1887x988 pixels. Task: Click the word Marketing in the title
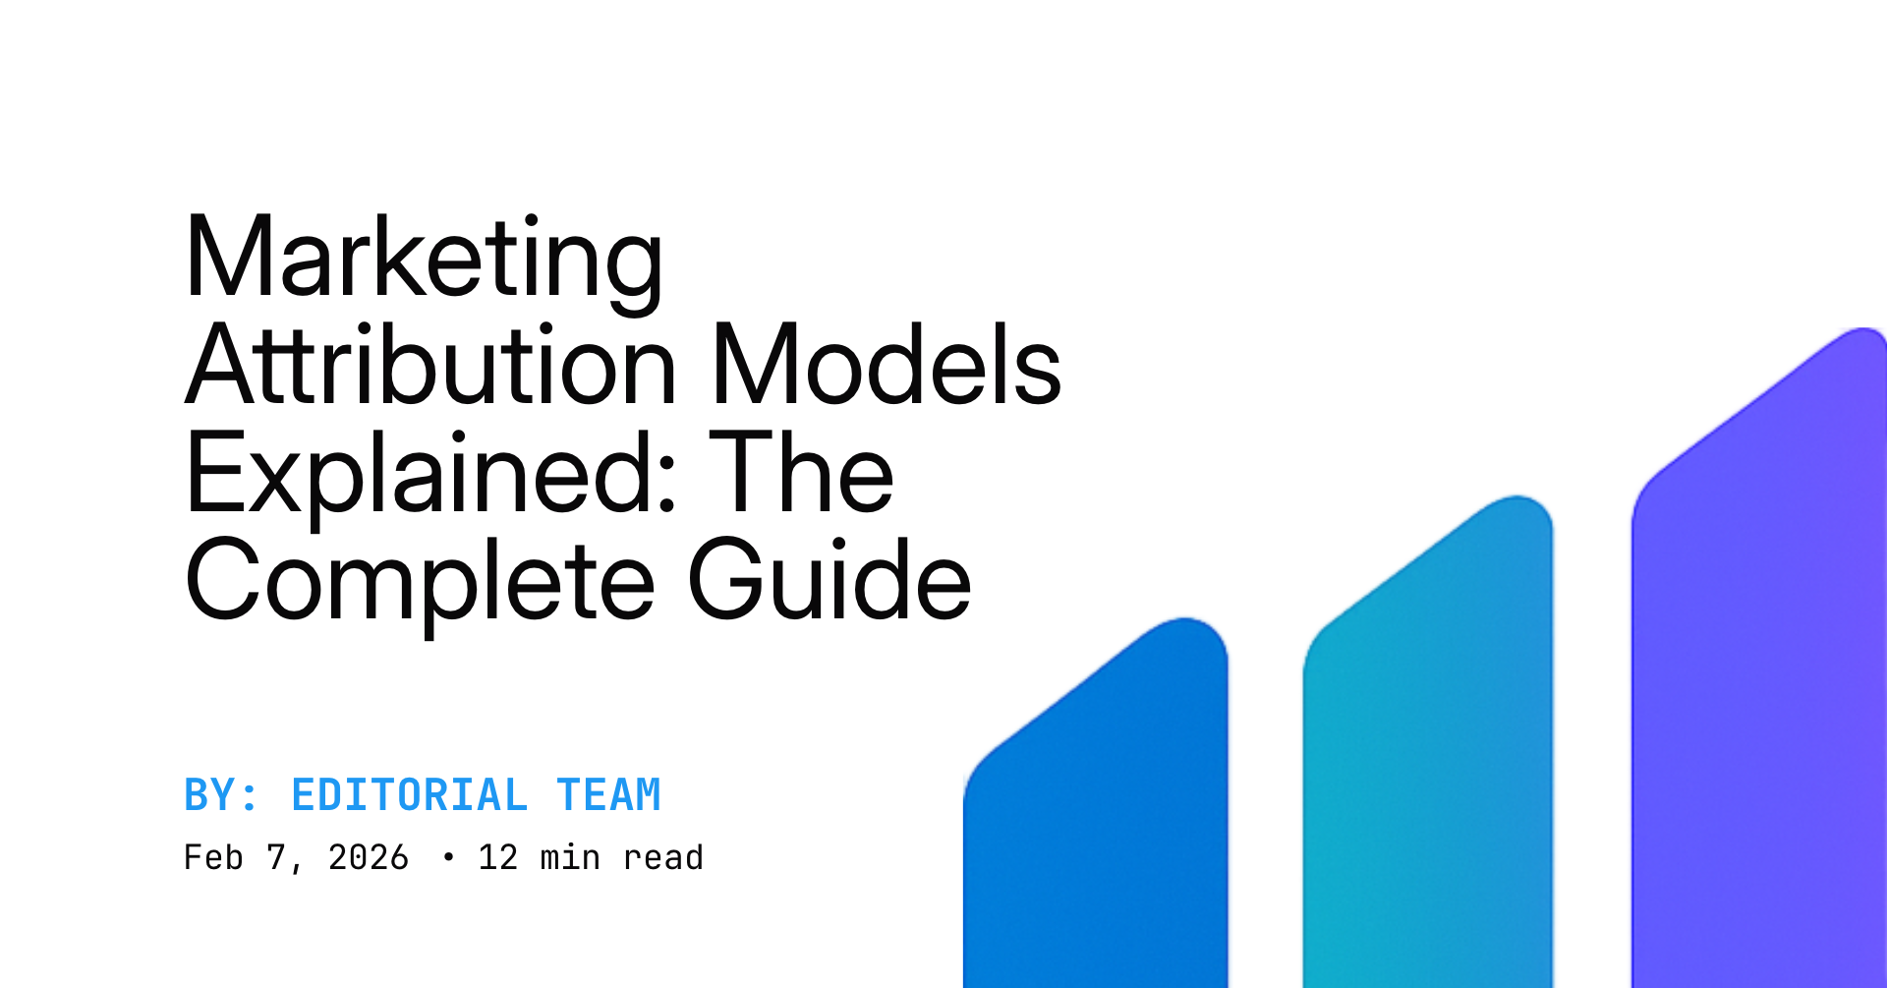coord(425,259)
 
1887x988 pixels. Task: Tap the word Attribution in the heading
coord(431,366)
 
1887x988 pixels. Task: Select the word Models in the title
coord(886,366)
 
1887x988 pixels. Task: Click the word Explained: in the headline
coord(430,474)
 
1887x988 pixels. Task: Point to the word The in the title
coord(800,474)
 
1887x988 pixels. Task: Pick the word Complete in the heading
coord(420,581)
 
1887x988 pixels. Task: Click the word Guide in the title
coord(829,581)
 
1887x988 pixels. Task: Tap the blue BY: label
coord(221,795)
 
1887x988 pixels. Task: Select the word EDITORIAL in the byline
coord(409,795)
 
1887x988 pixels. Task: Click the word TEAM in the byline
coord(609,795)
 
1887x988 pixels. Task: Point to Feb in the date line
coord(213,857)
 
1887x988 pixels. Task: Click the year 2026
coord(369,857)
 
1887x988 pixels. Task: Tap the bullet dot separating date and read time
coord(449,857)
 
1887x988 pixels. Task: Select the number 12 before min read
coord(497,857)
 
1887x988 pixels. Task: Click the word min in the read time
coord(570,857)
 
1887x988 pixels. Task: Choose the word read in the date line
coord(663,857)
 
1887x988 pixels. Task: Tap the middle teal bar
coord(1427,767)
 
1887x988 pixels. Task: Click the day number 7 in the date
coord(276,857)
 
